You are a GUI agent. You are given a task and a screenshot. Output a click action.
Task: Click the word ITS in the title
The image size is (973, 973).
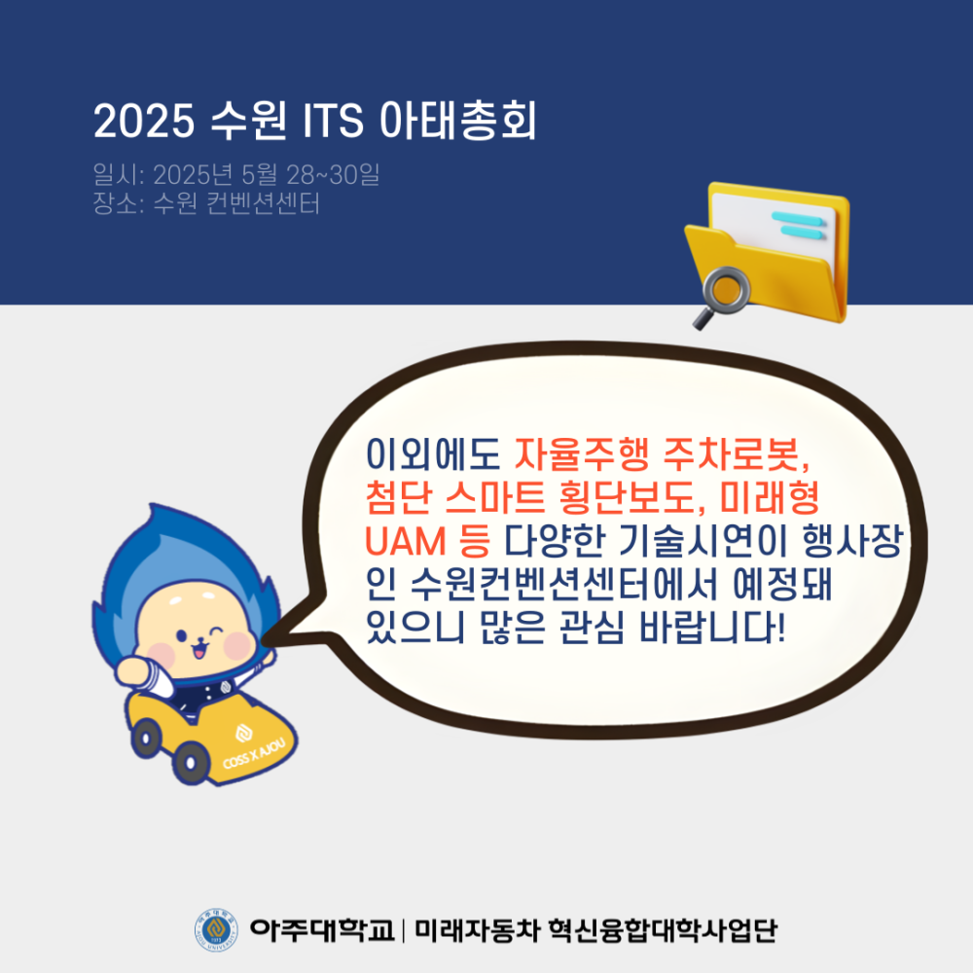point(333,120)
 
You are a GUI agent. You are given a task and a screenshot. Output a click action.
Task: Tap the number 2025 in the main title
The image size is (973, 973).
point(144,120)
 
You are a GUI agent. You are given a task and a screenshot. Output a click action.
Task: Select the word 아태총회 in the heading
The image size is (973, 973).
point(458,120)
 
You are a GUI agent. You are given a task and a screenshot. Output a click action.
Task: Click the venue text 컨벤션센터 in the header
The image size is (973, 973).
point(263,203)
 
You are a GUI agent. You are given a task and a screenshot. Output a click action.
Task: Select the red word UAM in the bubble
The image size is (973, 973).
point(405,540)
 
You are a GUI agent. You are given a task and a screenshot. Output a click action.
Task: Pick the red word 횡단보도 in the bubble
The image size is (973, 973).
point(628,497)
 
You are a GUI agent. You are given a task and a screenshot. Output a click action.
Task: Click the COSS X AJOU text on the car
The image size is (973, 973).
point(254,754)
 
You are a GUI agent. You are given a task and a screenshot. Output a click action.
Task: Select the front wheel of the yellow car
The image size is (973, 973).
point(191,763)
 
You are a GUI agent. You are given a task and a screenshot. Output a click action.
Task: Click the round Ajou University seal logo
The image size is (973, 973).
point(216,929)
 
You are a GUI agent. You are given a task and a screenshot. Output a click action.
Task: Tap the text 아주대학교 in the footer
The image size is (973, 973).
point(322,929)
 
